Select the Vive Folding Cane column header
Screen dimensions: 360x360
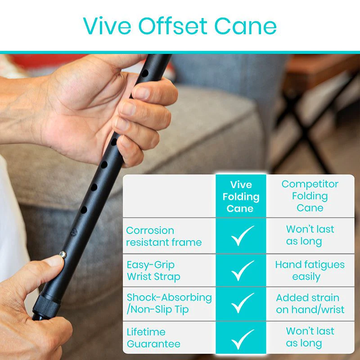click(241, 197)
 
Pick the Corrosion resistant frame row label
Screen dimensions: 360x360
click(164, 236)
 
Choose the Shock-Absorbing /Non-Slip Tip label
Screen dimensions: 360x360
click(169, 303)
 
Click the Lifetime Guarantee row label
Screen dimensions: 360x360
click(153, 338)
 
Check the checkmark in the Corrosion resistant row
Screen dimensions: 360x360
click(243, 236)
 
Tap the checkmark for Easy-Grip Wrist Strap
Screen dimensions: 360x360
click(243, 270)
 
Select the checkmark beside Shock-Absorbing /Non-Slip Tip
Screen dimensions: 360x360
click(243, 304)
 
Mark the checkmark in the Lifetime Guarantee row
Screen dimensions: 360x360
click(243, 339)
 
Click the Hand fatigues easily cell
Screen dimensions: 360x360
click(310, 270)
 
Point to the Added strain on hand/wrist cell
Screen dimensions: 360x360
click(310, 304)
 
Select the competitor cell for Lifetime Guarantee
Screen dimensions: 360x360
click(310, 337)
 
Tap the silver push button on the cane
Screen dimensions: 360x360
click(63, 255)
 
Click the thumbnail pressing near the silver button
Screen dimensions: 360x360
click(54, 261)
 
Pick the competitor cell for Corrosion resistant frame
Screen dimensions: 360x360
click(310, 235)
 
